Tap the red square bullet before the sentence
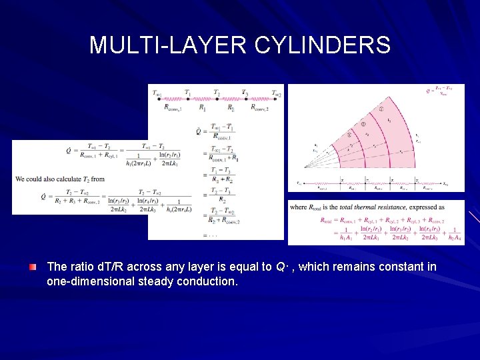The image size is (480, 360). (33, 267)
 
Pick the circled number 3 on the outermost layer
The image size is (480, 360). (381, 109)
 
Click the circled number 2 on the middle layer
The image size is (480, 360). (364, 123)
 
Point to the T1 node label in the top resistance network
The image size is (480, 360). (187, 93)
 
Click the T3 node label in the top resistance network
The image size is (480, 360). (245, 93)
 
